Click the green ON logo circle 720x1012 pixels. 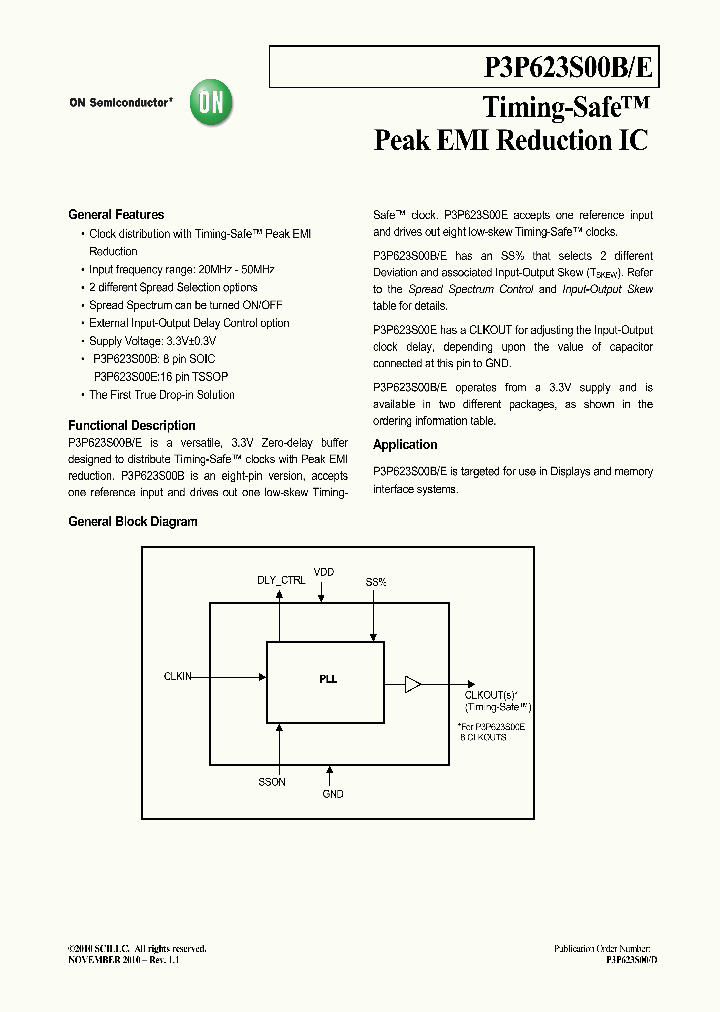(212, 102)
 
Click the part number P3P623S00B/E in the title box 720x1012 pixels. (568, 67)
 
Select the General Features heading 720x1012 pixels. (116, 214)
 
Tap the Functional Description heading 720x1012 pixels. (132, 425)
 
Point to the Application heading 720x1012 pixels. (405, 445)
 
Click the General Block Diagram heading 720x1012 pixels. (133, 521)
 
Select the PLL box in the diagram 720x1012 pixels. (327, 680)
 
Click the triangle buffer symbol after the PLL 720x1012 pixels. (412, 684)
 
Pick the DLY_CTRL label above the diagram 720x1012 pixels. (281, 579)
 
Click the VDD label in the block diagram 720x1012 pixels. (324, 572)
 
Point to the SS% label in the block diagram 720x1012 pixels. (375, 581)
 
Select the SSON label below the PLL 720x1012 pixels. (272, 782)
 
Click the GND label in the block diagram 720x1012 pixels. (333, 794)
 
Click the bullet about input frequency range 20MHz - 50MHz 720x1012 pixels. (182, 269)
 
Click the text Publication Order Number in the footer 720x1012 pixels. (602, 947)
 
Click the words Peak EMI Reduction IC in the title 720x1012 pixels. (510, 140)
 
